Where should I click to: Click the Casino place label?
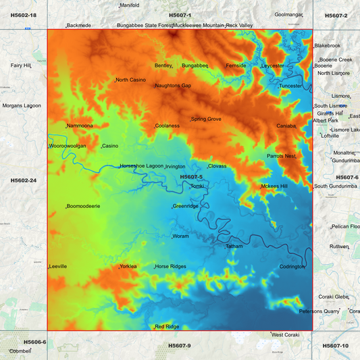109,146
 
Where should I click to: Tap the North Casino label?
130,80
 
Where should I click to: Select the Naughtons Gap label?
173,86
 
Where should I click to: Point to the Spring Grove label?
206,119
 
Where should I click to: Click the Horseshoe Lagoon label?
141,165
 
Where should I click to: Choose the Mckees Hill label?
274,186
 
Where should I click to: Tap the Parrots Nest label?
281,156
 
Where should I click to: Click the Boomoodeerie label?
83,206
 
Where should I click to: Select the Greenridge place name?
186,206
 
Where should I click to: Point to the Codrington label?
292,266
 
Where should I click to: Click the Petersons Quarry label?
319,311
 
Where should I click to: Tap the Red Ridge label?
167,326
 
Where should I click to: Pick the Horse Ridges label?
170,266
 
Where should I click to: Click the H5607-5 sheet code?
191,177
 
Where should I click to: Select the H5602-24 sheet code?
24,180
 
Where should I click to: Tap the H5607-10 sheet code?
336,346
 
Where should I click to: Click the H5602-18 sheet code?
24,15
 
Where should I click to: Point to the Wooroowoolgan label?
68,146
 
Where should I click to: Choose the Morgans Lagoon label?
22,105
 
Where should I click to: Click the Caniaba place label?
286,126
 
